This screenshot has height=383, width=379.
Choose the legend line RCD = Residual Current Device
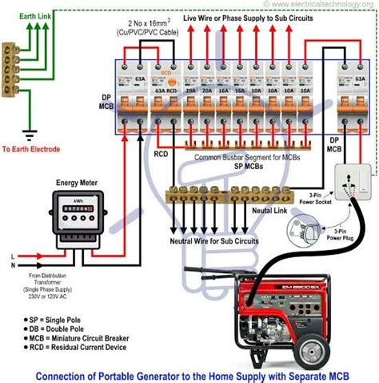click(x=76, y=349)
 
